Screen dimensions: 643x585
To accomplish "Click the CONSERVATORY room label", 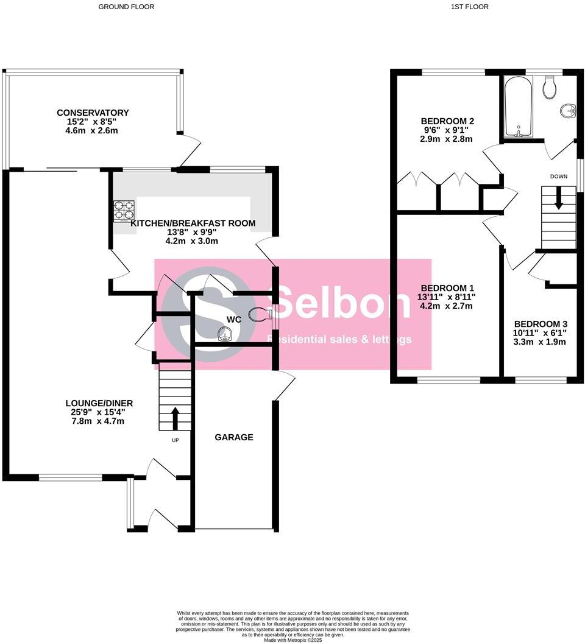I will tap(93, 113).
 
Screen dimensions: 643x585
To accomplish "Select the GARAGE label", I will tap(233, 437).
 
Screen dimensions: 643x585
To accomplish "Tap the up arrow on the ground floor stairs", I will tap(175, 419).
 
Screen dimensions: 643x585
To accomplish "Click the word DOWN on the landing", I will tap(559, 177).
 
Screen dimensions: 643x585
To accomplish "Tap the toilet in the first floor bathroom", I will tap(549, 87).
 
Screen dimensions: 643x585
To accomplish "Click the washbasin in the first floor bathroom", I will tap(567, 111).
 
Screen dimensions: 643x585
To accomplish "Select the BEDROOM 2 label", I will tap(447, 121).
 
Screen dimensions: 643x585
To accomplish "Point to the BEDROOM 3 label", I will tap(540, 324).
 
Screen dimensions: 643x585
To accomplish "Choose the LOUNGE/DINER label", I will tap(99, 403).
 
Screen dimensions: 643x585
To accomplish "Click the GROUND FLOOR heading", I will tap(126, 7).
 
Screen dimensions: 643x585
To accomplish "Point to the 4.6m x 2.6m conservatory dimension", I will tap(93, 131).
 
